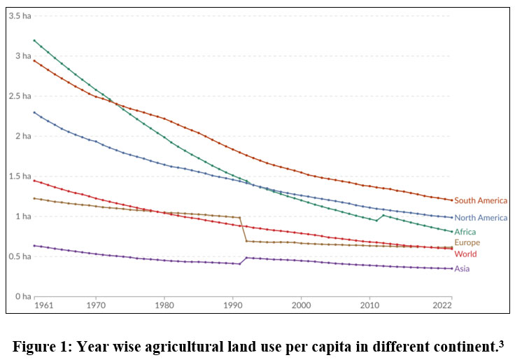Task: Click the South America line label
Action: pos(481,201)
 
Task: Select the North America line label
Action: pos(481,218)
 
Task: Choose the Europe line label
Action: pos(467,242)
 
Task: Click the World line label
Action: pos(465,254)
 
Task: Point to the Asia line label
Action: pos(463,268)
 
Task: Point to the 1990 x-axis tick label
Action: pos(233,306)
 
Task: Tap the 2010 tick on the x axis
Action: pos(369,306)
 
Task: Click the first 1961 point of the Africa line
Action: pos(34,41)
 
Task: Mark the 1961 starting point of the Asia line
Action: pos(34,245)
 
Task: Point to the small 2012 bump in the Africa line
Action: pos(383,215)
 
